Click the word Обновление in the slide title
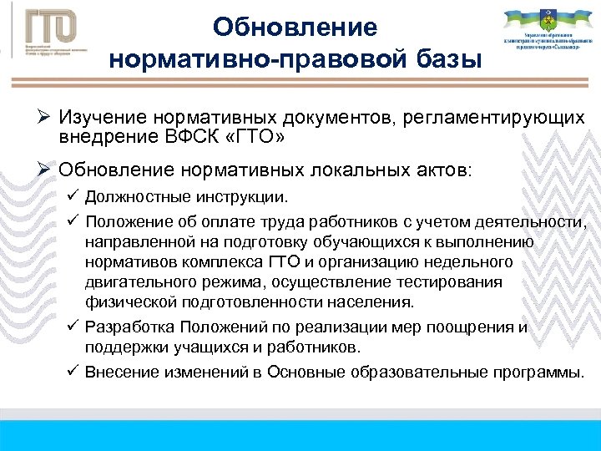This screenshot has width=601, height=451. [295, 28]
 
